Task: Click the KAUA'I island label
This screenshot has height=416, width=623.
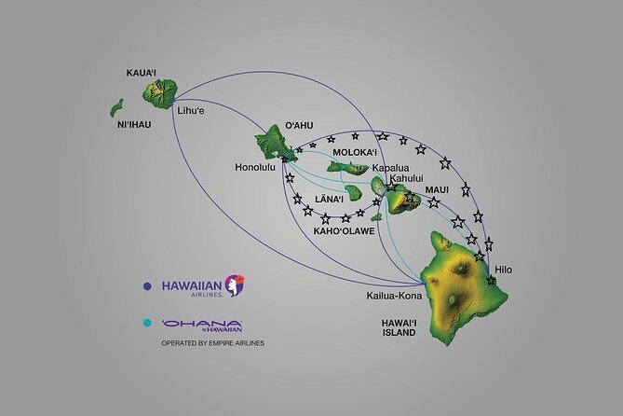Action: point(145,72)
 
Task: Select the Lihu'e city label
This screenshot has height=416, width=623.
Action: point(193,112)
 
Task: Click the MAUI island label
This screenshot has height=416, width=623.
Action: point(437,189)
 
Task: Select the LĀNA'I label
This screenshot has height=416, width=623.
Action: point(331,199)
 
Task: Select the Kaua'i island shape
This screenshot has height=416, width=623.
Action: point(159,92)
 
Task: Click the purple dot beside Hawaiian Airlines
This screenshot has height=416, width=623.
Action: point(147,286)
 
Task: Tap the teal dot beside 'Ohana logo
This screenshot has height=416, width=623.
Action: point(147,326)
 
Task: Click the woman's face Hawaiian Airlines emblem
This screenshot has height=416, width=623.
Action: point(235,284)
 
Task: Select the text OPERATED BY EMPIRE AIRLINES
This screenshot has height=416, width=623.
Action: point(212,343)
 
